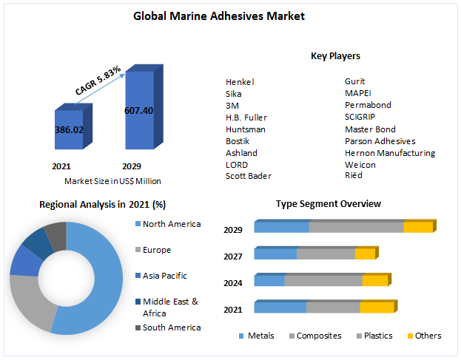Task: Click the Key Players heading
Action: [335, 56]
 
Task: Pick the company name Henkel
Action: [239, 81]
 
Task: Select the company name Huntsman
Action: [246, 129]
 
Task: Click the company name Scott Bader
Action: [249, 176]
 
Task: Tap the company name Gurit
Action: [355, 81]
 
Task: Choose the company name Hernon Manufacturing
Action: [390, 152]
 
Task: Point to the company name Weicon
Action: [360, 164]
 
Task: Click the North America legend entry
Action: [171, 224]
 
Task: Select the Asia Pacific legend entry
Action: [164, 276]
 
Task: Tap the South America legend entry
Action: [171, 327]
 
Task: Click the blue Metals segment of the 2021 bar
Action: [280, 307]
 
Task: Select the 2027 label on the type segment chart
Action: [233, 256]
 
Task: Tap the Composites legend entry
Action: [319, 336]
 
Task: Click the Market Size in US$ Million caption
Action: [112, 181]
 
